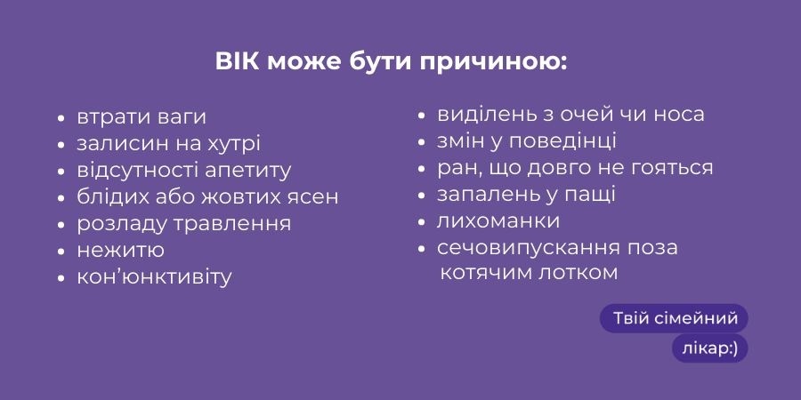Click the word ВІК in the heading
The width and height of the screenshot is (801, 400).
[237, 61]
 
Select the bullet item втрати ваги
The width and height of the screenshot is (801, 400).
[142, 116]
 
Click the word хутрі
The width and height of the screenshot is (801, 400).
[233, 144]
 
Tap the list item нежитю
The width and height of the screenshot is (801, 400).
[120, 251]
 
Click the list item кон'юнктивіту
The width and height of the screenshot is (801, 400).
[154, 277]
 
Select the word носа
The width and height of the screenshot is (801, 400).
[679, 115]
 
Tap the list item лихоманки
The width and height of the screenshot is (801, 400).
[498, 221]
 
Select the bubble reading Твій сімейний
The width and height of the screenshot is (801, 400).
[674, 319]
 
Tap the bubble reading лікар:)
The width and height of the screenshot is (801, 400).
[710, 348]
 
